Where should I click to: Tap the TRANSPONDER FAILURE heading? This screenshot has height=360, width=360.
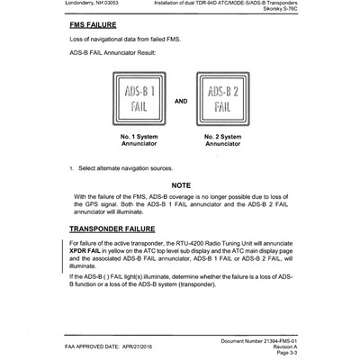120,229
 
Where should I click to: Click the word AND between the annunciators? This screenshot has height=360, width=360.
180,101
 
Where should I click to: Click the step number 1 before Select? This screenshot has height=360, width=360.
71,167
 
